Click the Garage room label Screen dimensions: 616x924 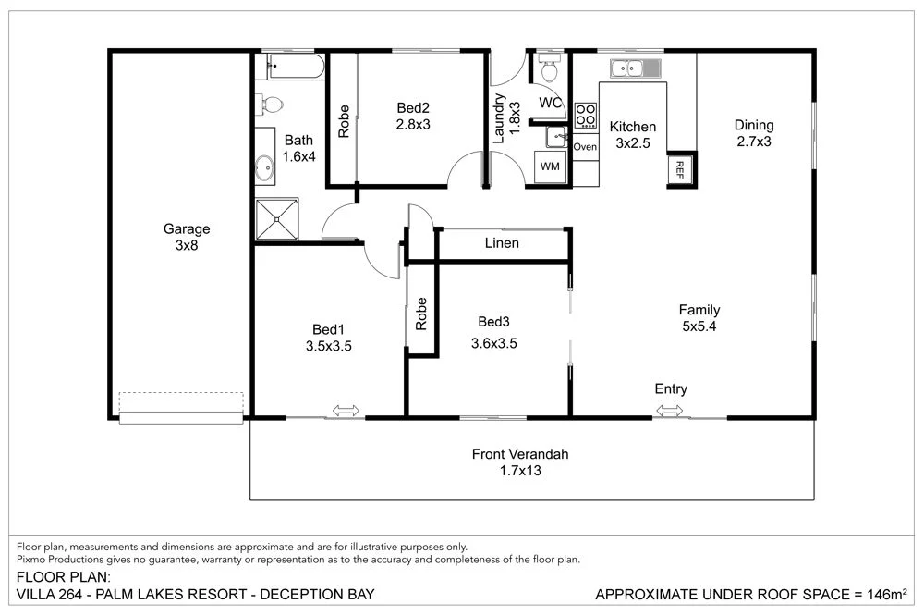(187, 228)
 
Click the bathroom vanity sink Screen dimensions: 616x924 (264, 168)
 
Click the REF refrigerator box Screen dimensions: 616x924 (680, 167)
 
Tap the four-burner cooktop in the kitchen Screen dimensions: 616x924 (586, 115)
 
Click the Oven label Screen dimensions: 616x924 (586, 147)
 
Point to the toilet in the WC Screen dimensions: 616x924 (549, 68)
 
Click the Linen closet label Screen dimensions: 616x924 (502, 243)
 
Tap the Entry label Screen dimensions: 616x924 (671, 389)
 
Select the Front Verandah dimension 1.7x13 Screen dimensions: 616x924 (520, 471)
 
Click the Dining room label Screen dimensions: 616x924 (754, 126)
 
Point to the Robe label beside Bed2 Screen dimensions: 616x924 (344, 120)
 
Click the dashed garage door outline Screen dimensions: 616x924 (180, 403)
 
